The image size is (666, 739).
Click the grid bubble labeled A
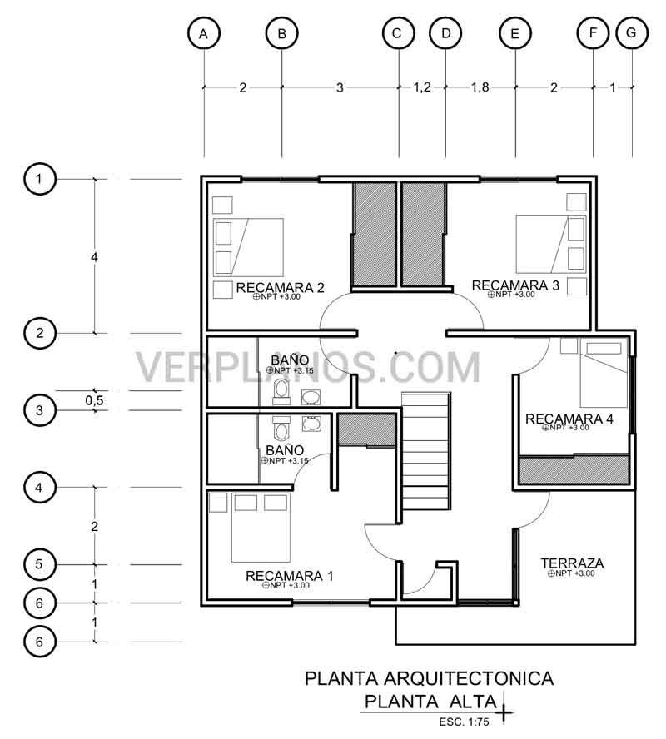[x=204, y=34]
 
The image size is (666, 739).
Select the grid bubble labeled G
[x=631, y=34]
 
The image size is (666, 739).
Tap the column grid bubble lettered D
[x=445, y=34]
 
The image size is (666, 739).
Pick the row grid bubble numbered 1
[x=39, y=179]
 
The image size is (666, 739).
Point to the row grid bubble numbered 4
[x=39, y=487]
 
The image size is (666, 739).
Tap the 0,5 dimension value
[x=95, y=400]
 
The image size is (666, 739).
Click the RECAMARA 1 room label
[x=289, y=575]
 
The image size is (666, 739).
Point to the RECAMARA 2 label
[x=281, y=288]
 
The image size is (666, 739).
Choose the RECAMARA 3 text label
[x=515, y=285]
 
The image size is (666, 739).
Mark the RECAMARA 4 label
[x=569, y=419]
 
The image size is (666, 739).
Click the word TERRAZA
[x=572, y=563]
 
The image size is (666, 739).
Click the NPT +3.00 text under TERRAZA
[x=575, y=573]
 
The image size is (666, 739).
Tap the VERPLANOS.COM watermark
[x=308, y=367]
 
